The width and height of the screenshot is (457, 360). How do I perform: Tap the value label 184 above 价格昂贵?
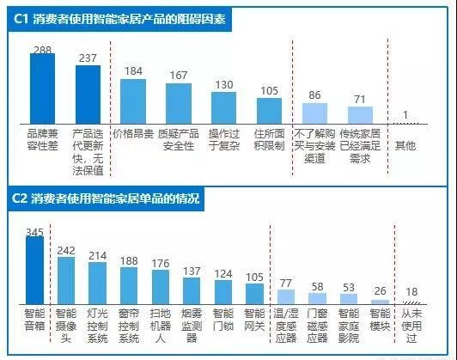pos(133,71)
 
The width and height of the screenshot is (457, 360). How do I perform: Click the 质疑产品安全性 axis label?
pos(178,139)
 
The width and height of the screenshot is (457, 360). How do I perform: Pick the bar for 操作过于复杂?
pos(223,109)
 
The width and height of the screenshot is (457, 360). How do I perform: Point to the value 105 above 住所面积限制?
pos(269,90)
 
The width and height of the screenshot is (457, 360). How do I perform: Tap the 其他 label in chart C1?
pos(405,146)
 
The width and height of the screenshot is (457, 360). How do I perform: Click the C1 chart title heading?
pos(120,19)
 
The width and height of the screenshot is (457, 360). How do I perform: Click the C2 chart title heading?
pos(107,198)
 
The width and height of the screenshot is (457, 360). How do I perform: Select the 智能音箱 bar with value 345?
pos(34,268)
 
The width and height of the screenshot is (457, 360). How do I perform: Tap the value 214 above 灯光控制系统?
pos(97,255)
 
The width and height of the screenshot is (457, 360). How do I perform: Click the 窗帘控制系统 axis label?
pos(129,326)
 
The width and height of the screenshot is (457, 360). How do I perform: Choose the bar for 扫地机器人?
pos(160,285)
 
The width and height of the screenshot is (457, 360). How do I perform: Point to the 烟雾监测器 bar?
pos(192,289)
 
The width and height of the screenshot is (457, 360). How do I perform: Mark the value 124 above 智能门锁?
pos(223,273)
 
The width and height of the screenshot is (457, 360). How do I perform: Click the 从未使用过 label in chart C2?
pos(411,326)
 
